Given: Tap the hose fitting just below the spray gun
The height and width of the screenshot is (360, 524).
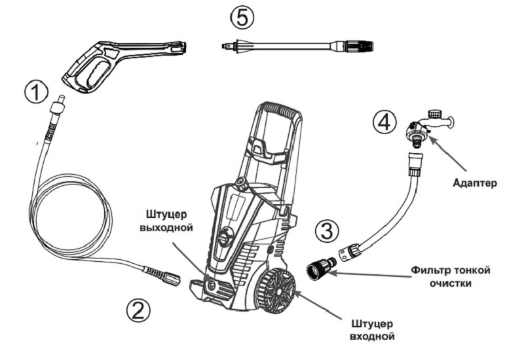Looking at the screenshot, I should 55,107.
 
